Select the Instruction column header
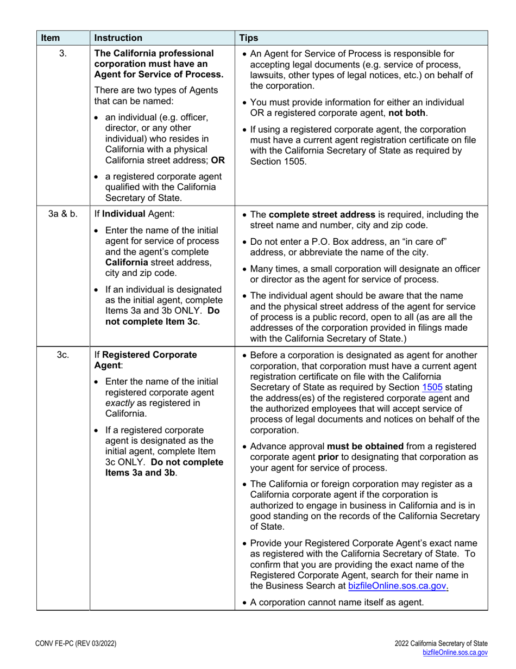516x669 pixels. (118, 38)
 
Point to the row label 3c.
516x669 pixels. (62, 355)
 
